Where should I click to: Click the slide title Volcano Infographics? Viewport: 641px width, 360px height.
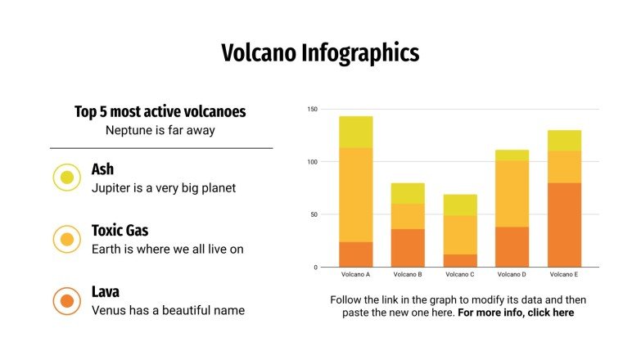(x=320, y=53)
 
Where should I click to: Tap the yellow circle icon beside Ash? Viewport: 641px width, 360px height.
(x=67, y=178)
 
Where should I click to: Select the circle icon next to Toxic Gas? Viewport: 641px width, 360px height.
(x=67, y=240)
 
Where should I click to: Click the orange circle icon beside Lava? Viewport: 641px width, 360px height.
(x=67, y=301)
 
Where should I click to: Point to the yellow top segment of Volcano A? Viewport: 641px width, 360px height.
(x=356, y=132)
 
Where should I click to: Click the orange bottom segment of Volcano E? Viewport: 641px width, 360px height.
(x=564, y=225)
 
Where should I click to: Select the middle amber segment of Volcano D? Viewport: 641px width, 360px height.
(x=512, y=194)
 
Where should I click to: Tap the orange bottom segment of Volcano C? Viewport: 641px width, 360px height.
(x=460, y=260)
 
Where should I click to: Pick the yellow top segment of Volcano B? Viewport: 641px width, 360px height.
(x=408, y=193)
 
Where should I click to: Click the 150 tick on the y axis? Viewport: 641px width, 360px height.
(x=312, y=109)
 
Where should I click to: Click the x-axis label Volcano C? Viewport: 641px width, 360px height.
(x=460, y=275)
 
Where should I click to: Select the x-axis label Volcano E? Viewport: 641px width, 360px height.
(x=564, y=275)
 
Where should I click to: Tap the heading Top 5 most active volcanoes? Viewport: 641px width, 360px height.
(x=160, y=112)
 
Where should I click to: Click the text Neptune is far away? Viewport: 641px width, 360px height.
(x=160, y=130)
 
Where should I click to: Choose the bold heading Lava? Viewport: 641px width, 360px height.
(x=106, y=292)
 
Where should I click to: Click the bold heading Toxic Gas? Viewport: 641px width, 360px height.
(x=120, y=231)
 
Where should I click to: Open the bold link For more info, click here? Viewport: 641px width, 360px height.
(x=516, y=313)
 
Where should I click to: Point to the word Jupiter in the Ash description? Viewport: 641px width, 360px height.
(x=112, y=187)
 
